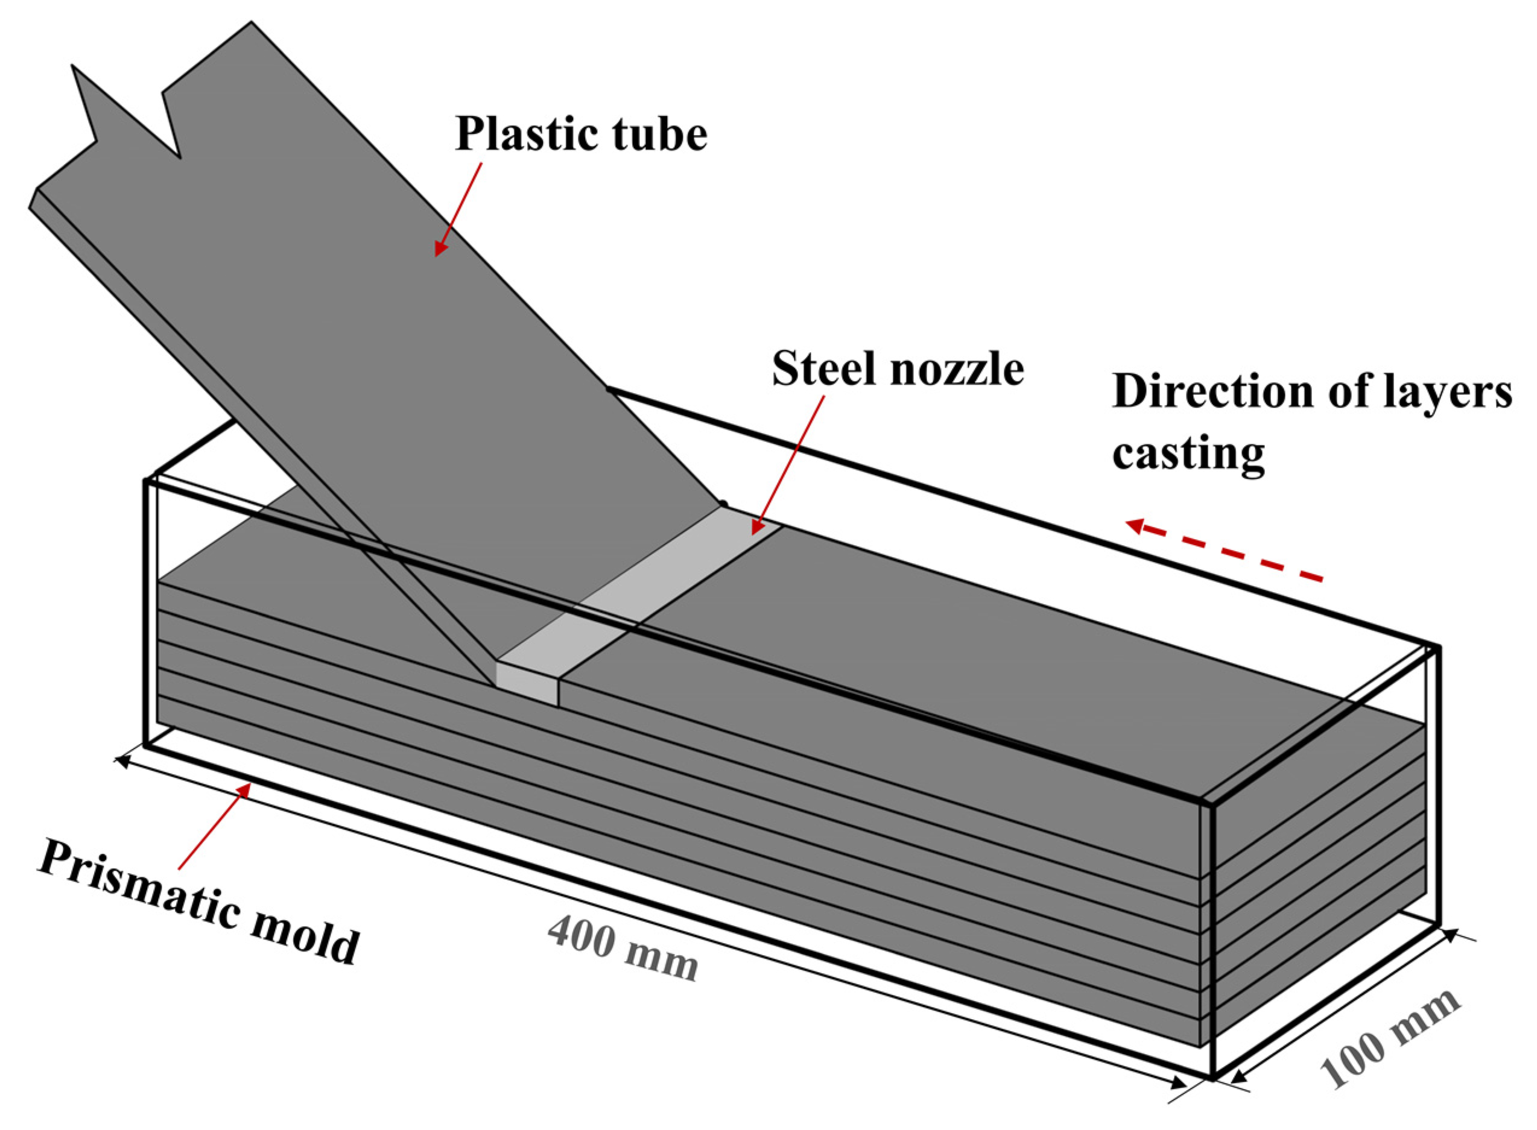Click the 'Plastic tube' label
pos(581,134)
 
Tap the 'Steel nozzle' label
pos(897,370)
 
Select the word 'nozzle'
pos(958,370)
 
